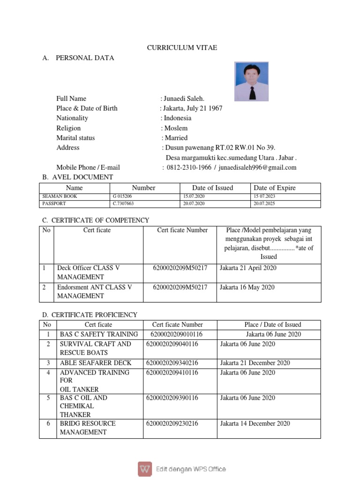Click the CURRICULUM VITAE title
tap(182, 48)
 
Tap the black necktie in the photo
tap(252, 92)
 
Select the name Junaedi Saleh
tap(184, 98)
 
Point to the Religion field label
tap(68, 128)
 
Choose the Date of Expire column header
tap(275, 188)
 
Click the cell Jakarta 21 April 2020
tap(248, 268)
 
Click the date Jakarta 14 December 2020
tap(255, 423)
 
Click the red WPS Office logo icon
tap(145, 469)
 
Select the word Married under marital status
tap(175, 138)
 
